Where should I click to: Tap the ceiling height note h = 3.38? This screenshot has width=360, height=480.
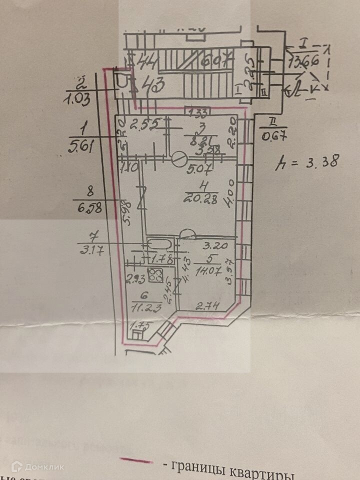click(308, 161)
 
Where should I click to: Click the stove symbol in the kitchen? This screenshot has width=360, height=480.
click(157, 274)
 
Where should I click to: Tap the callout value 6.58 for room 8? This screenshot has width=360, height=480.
click(92, 208)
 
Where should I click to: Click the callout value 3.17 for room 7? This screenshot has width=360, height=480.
click(90, 251)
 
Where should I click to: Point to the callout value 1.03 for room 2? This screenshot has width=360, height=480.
click(77, 98)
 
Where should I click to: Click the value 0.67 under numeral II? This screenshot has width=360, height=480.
click(273, 135)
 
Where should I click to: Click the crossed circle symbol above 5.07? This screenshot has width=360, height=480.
click(177, 158)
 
